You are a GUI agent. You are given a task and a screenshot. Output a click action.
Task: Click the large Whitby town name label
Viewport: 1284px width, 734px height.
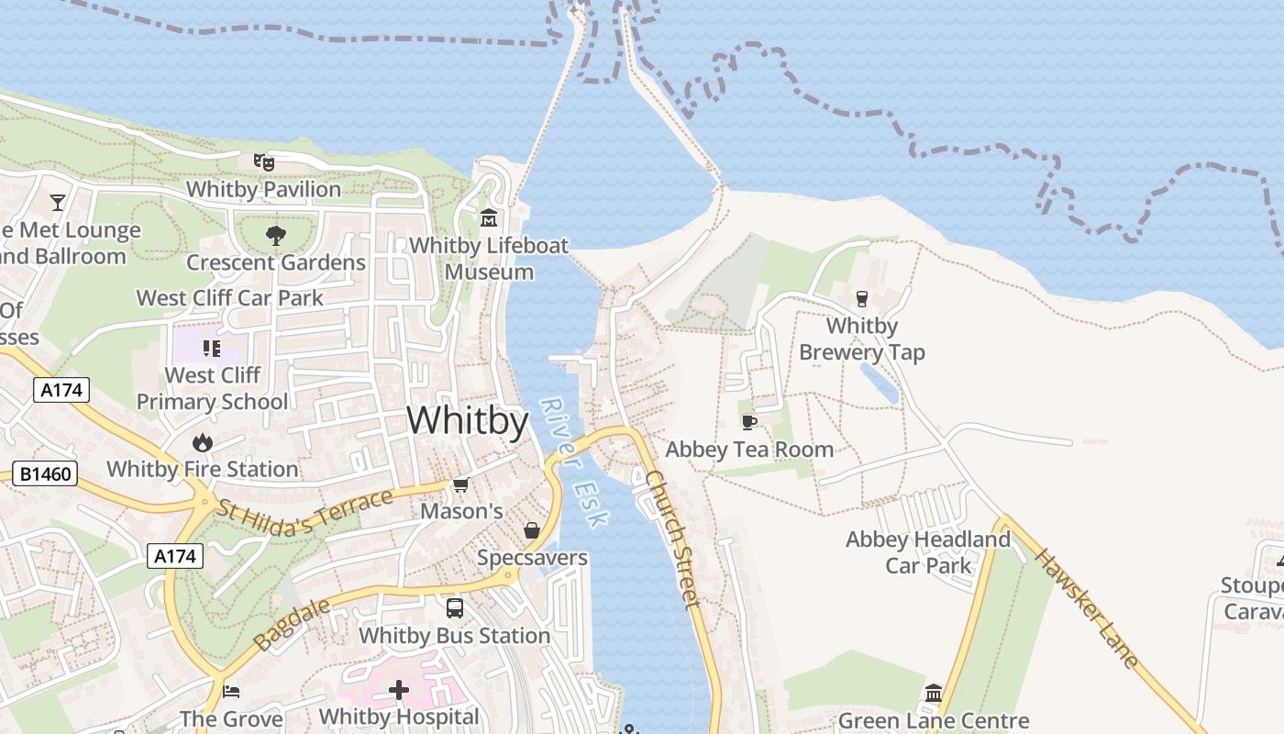click(x=468, y=421)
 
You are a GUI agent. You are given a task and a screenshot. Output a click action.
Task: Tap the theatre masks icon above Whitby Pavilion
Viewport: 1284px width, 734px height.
click(x=264, y=162)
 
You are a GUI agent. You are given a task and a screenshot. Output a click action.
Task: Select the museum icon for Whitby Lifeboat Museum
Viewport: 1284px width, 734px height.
click(x=489, y=218)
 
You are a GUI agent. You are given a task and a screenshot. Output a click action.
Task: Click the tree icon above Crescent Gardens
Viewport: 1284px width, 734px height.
click(x=275, y=236)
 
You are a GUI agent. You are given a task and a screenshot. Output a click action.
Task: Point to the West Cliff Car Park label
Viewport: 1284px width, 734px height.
click(x=229, y=298)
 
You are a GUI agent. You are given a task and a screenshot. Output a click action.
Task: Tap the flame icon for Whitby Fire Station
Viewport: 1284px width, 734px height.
click(x=203, y=443)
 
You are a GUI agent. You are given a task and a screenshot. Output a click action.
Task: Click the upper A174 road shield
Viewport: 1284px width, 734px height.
click(x=62, y=390)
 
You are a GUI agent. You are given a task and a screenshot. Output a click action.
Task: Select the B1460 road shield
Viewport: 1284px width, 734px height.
click(x=45, y=474)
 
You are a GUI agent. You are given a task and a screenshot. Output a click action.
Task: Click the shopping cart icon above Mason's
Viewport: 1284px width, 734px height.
click(x=460, y=484)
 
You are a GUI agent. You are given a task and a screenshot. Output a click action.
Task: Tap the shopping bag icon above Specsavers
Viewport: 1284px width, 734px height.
click(x=531, y=530)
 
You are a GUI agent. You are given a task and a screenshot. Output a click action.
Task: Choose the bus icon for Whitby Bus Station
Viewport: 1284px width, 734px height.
click(x=454, y=607)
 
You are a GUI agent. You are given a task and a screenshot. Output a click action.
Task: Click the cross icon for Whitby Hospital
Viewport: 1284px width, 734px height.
click(x=399, y=689)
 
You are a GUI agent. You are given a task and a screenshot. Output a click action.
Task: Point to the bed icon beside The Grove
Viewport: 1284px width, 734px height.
click(x=231, y=691)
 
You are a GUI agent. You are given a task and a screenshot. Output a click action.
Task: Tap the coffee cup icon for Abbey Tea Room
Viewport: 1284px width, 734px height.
click(x=749, y=422)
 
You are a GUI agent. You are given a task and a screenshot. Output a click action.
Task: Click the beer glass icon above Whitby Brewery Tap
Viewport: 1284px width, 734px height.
click(x=861, y=298)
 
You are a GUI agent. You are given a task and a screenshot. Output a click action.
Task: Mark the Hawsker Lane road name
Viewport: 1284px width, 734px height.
click(x=1087, y=607)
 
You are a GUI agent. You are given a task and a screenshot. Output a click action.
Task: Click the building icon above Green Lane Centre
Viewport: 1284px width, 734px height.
click(x=934, y=693)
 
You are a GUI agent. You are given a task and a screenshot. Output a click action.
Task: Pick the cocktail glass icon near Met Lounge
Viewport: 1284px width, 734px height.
click(x=59, y=202)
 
